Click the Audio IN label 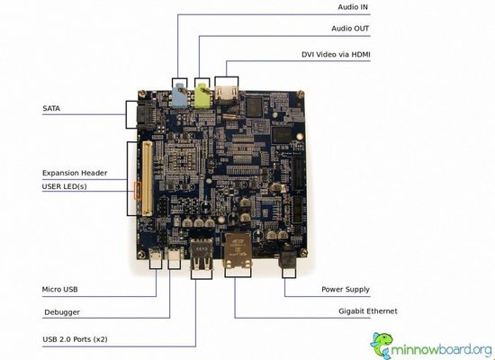tap(353, 7)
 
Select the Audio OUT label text tap(350, 29)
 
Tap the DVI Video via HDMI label tap(336, 54)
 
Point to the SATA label tap(51, 108)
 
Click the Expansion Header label tap(75, 173)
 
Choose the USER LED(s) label tap(65, 186)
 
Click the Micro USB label tap(59, 289)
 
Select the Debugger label tap(62, 312)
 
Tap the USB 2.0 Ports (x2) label tap(75, 339)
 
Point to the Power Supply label tap(346, 289)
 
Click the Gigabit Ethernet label tap(368, 311)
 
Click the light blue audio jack tap(180, 94)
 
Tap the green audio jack tap(202, 95)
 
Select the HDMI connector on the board tap(227, 94)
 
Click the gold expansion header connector tap(147, 178)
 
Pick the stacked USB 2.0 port tap(201, 254)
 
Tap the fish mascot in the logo tap(382, 346)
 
